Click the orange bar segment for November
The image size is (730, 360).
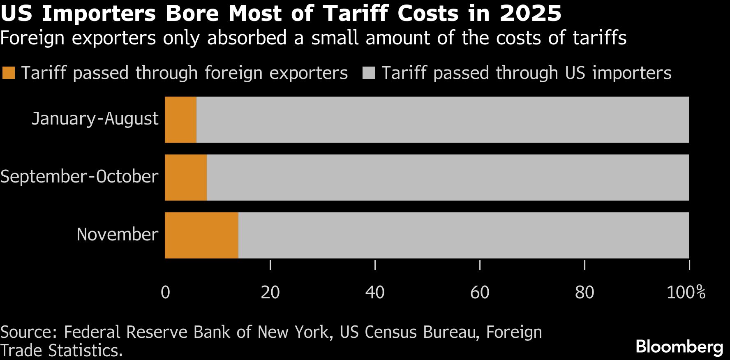click(x=201, y=235)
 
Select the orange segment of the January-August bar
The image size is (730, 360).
click(x=180, y=120)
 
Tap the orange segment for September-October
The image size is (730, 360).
click(x=186, y=178)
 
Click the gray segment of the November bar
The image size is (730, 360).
click(x=463, y=235)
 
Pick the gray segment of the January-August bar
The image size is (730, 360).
click(x=442, y=120)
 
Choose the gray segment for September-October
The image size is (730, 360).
click(x=448, y=178)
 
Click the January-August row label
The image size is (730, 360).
click(x=95, y=119)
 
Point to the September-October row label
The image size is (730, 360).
click(x=79, y=177)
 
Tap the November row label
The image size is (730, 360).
click(x=118, y=235)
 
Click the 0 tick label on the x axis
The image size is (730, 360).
click(x=165, y=293)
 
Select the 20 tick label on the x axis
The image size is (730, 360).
click(x=270, y=293)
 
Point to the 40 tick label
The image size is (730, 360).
click(x=375, y=293)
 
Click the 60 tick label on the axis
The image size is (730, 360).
click(x=480, y=293)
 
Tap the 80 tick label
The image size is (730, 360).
click(x=584, y=293)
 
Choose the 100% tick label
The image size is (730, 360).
click(x=686, y=293)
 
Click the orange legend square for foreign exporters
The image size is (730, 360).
click(x=9, y=73)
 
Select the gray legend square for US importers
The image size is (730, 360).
click(x=369, y=73)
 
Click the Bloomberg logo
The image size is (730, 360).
click(x=679, y=347)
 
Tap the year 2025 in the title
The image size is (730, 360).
click(x=530, y=13)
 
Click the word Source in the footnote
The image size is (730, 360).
click(x=28, y=332)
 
